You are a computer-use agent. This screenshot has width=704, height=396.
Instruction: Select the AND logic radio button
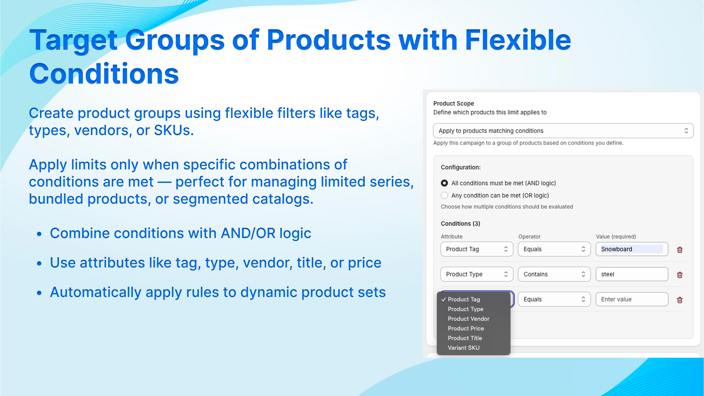pyautogui.click(x=444, y=183)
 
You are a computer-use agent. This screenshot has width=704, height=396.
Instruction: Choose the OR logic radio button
pyautogui.click(x=444, y=195)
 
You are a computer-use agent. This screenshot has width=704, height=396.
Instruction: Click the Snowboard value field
pyautogui.click(x=632, y=249)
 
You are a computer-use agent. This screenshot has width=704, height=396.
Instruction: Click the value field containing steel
pyautogui.click(x=632, y=275)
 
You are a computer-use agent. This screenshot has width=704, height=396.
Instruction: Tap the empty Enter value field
pyautogui.click(x=632, y=300)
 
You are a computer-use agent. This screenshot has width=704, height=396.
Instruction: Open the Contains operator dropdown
pyautogui.click(x=554, y=275)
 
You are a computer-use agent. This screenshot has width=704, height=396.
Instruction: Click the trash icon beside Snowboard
pyautogui.click(x=679, y=250)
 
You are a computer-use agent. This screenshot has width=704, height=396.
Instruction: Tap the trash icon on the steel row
pyautogui.click(x=679, y=275)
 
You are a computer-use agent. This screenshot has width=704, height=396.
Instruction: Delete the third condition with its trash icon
pyautogui.click(x=679, y=300)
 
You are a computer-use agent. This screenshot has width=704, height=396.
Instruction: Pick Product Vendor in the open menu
pyautogui.click(x=469, y=319)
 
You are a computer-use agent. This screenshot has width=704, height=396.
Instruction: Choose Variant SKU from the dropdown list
pyautogui.click(x=464, y=348)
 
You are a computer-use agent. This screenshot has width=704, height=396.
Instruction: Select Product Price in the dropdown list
pyautogui.click(x=466, y=328)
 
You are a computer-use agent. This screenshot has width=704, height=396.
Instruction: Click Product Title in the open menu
pyautogui.click(x=465, y=338)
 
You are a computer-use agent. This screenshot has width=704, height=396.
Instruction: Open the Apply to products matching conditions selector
pyautogui.click(x=563, y=131)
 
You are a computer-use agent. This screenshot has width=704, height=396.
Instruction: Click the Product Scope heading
pyautogui.click(x=454, y=103)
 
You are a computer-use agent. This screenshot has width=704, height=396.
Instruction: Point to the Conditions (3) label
pyautogui.click(x=460, y=224)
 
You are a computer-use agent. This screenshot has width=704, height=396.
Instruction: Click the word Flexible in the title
pyautogui.click(x=518, y=40)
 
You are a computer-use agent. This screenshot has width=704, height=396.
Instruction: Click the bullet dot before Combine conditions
pyautogui.click(x=39, y=234)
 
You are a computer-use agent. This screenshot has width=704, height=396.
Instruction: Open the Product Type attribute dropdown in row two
pyautogui.click(x=477, y=275)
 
